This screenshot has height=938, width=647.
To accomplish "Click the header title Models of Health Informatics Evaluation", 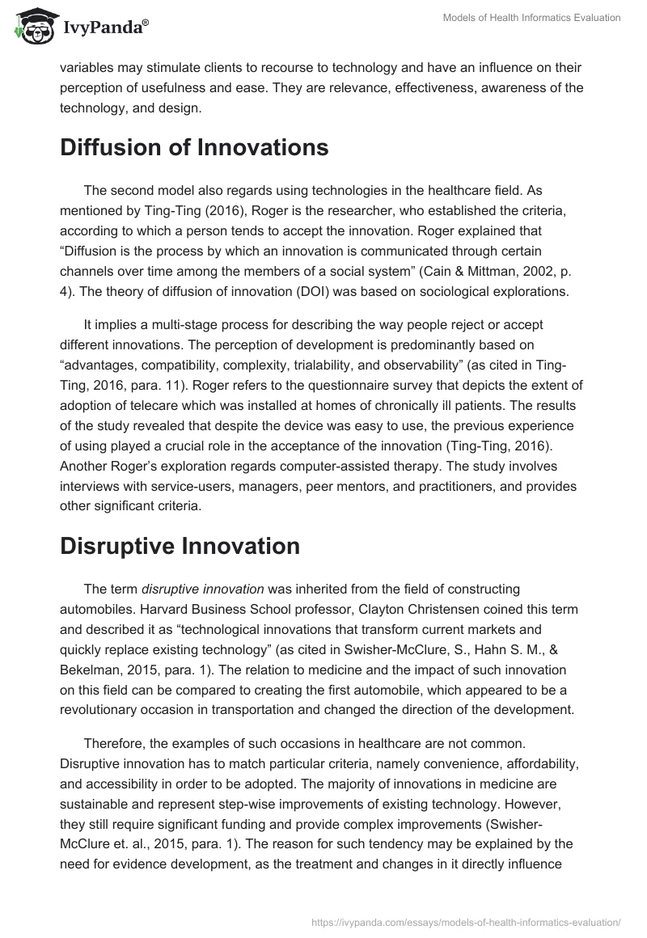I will (532, 19).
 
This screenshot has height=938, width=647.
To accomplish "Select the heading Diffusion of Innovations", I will (194, 148).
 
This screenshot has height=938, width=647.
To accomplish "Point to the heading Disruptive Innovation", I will (180, 546).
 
